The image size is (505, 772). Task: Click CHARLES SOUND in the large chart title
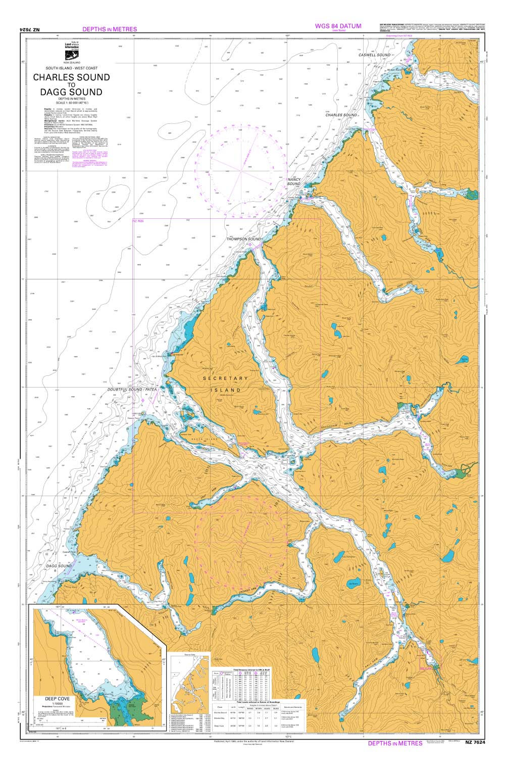point(71,77)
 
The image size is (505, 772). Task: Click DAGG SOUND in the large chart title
point(71,92)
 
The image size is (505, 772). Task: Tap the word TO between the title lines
point(71,85)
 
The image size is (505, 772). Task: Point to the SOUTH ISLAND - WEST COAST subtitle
point(71,68)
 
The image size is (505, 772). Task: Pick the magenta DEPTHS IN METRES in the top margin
point(109,29)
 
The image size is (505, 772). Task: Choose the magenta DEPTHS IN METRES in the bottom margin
point(395,743)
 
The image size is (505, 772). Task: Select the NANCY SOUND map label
point(294,182)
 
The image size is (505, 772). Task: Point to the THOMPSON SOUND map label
point(243,239)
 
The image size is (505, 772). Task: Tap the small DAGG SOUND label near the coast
point(59,566)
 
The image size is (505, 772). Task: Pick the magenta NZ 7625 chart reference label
point(138,221)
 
